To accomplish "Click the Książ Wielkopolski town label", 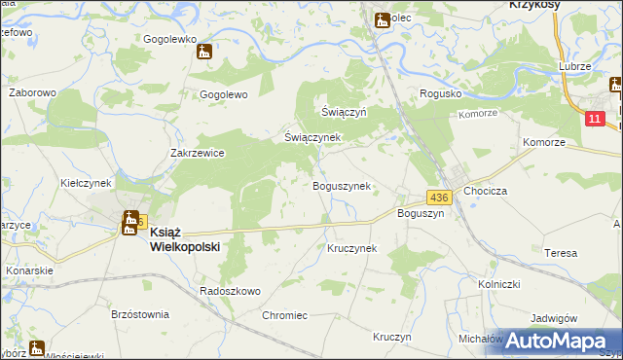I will point(185,239).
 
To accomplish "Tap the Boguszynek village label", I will point(340,186).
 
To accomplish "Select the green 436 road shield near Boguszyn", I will point(438,197).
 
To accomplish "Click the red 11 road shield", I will point(596,118).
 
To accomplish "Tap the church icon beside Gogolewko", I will point(204,52).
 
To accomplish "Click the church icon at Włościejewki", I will point(36,347).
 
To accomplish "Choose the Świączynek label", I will point(311,137).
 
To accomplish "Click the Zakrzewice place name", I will point(198,153).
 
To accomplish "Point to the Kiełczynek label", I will point(87,182).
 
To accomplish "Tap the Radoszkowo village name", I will point(230,291).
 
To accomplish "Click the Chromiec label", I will point(285,315).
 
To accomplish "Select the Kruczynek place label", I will point(351,248).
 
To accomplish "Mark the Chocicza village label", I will point(488,192).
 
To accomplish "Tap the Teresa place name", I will point(561,253).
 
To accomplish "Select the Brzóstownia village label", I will point(140,314).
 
